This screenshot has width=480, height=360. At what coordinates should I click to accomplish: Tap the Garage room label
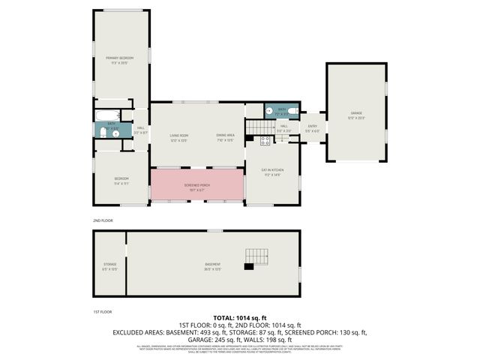click(x=355, y=114)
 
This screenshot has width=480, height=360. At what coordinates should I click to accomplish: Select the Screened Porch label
click(x=198, y=184)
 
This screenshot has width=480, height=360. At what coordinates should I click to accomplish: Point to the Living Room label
click(x=178, y=136)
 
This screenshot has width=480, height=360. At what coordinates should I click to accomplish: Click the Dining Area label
click(x=225, y=136)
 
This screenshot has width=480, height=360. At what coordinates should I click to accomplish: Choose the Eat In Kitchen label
click(x=271, y=172)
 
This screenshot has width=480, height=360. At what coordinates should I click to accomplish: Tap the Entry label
click(x=313, y=127)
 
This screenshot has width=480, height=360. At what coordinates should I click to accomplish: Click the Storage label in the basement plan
click(x=109, y=265)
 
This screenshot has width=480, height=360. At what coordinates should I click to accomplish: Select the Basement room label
click(x=213, y=265)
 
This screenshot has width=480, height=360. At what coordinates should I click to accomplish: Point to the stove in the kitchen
click(x=265, y=140)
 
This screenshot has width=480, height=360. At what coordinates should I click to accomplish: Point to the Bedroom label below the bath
click(x=121, y=178)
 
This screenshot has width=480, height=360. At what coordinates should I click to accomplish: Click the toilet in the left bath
click(x=104, y=133)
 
